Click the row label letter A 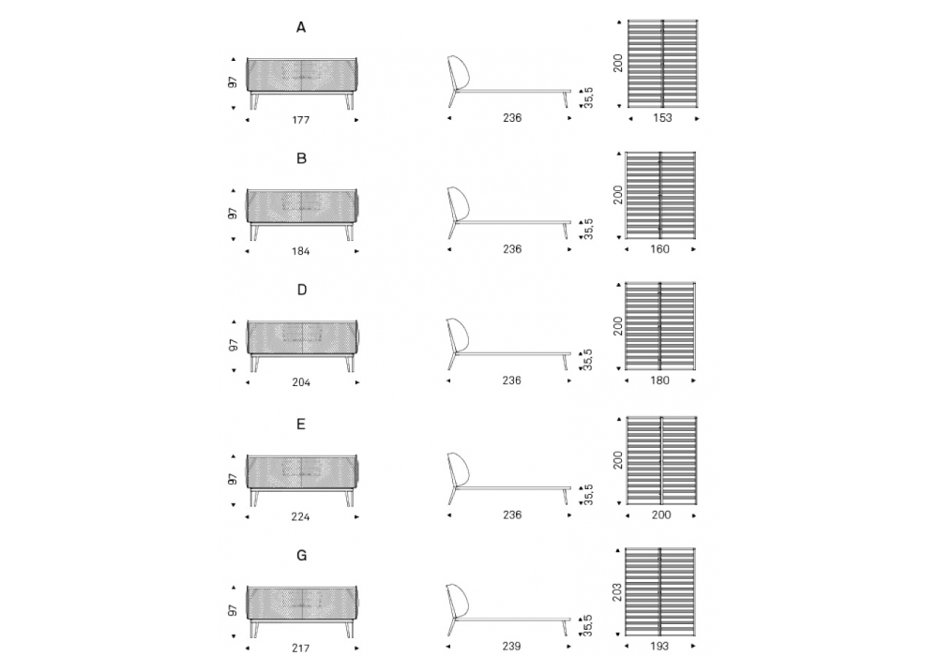tap(301, 27)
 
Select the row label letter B tap(301, 158)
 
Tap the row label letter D tap(301, 290)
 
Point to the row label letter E tap(301, 425)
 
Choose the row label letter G tap(301, 556)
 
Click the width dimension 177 tap(301, 120)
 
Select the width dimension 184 tap(301, 251)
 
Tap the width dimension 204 tap(301, 382)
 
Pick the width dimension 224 tap(300, 516)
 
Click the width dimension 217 tap(301, 648)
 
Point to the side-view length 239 tap(512, 646)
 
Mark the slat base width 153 tap(662, 118)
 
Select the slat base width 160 tap(659, 249)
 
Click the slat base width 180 tap(659, 380)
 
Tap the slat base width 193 tap(659, 646)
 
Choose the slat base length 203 tap(618, 591)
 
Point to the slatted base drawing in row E tap(661, 460)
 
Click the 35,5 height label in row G tap(588, 625)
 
